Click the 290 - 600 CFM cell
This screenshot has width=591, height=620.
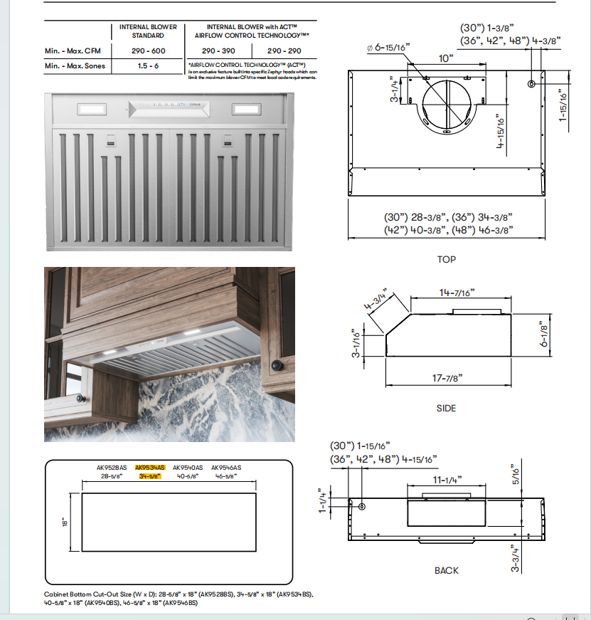pyautogui.click(x=148, y=51)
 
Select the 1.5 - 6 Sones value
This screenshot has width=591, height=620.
pyautogui.click(x=148, y=66)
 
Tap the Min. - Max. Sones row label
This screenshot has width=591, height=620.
pyautogui.click(x=75, y=66)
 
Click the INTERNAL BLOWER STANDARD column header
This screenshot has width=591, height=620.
pyautogui.click(x=148, y=31)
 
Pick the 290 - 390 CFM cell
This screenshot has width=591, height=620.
pyautogui.click(x=218, y=51)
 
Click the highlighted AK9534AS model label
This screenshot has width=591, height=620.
pyautogui.click(x=150, y=468)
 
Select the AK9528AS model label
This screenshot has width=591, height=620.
pyautogui.click(x=112, y=468)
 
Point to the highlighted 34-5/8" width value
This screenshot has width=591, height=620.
pyautogui.click(x=150, y=476)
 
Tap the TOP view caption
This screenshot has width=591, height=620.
pyautogui.click(x=446, y=260)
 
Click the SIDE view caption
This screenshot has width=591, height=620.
pyautogui.click(x=446, y=409)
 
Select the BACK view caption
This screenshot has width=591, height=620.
pyautogui.click(x=446, y=570)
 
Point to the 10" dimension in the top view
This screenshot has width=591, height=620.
pyautogui.click(x=446, y=58)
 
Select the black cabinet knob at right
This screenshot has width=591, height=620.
pyautogui.click(x=277, y=366)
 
